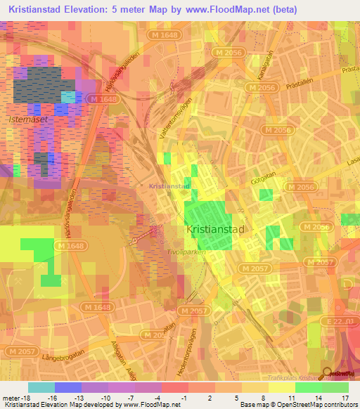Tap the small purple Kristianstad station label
(169, 186)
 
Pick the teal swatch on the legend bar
(41, 387)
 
